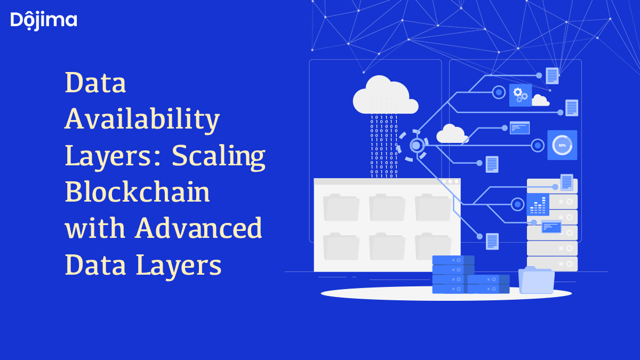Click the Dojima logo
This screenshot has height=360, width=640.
point(44,20)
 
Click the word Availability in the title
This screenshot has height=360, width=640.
point(142,119)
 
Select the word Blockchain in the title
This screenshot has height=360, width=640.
point(138,192)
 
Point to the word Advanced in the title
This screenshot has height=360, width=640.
point(198,228)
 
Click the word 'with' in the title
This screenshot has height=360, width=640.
point(95,228)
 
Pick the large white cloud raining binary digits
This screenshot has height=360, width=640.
point(385,96)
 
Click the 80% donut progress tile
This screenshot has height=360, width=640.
point(562,145)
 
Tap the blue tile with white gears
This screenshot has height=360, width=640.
point(520,95)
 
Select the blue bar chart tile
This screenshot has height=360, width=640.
point(538,204)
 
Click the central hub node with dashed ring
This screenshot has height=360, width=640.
point(417,145)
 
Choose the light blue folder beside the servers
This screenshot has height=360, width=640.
point(537,280)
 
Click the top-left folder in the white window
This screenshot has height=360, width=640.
point(341,207)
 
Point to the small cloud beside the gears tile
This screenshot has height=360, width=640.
point(540,100)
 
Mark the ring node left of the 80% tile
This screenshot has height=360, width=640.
point(538,145)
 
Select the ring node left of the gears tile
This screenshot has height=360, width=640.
point(499,92)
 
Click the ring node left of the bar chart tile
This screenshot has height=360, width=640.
point(517,204)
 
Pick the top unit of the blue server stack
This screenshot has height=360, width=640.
point(453,260)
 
